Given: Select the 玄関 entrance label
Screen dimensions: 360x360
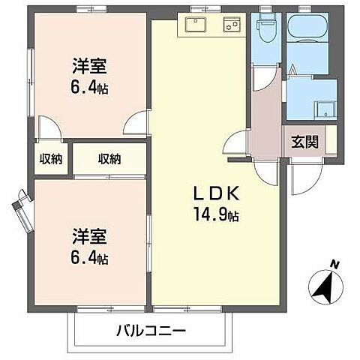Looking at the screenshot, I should coord(304,139).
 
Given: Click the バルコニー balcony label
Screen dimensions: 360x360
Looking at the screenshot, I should coord(151,330).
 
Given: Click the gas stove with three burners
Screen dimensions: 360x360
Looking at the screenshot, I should coord(230,25).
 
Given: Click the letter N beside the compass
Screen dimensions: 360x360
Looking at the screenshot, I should coord(334,264).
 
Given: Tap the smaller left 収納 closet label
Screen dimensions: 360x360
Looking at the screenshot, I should coord(51,158).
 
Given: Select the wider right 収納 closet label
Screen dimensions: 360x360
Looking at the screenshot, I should coord(109,158).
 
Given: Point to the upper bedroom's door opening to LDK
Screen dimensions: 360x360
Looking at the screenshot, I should coord(136,123).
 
